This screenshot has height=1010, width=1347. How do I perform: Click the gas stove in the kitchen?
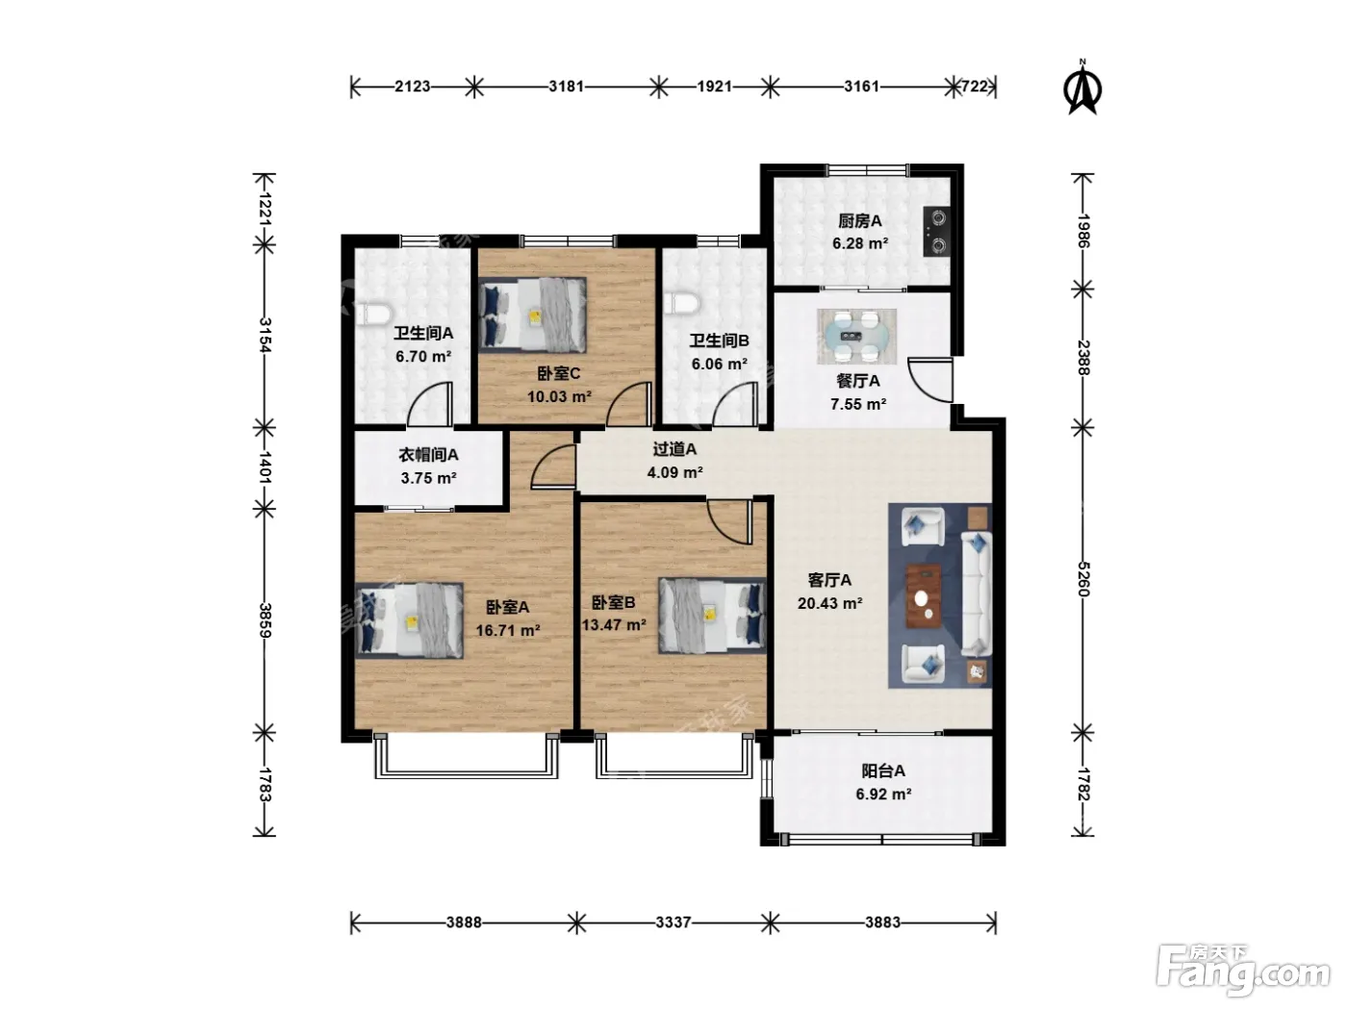coord(937,232)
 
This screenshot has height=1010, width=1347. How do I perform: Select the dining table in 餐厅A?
coord(856,336)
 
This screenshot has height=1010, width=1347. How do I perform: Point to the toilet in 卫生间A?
coord(372,314)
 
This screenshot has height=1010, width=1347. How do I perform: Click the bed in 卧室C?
coord(533,316)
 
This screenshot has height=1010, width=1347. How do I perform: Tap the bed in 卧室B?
coord(713,615)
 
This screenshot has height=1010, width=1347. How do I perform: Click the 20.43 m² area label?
coord(829,603)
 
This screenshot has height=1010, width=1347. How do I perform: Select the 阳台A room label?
coord(883,770)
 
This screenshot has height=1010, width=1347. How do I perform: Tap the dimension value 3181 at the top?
coord(566,87)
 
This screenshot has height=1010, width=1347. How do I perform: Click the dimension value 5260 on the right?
coord(1082,579)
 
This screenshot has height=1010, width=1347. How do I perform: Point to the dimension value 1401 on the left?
coord(265,467)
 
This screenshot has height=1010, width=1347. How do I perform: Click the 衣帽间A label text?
coord(428,454)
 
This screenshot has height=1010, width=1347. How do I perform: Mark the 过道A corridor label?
coord(674,449)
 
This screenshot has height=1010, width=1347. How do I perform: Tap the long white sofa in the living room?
coord(976,593)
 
